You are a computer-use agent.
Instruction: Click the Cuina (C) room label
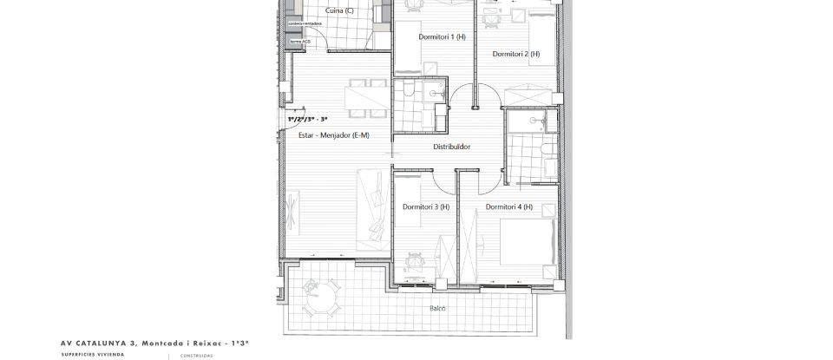pos(339,10)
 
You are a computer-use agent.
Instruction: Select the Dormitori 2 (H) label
pos(516,54)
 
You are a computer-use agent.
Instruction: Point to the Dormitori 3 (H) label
pos(426,206)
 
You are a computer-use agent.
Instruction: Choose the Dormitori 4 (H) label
pos(509,206)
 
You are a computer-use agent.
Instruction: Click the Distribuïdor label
pos(452,147)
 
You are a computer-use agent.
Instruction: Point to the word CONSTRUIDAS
pos(196,355)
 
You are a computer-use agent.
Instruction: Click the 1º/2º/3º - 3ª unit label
pos(307,118)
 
